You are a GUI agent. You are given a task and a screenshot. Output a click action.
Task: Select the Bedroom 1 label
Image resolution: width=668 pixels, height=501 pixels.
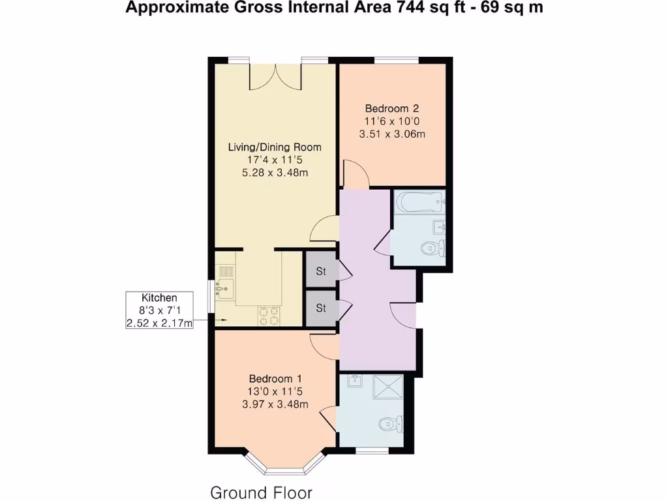(275, 378)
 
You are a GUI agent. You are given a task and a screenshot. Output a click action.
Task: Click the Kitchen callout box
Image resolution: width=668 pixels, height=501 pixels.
(160, 310)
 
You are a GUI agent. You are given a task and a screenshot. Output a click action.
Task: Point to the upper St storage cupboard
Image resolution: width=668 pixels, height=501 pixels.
(321, 271)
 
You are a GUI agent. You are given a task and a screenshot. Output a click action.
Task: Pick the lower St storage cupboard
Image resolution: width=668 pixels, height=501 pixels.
(321, 308)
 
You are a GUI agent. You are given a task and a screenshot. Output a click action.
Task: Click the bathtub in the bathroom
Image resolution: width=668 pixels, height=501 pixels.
(419, 203)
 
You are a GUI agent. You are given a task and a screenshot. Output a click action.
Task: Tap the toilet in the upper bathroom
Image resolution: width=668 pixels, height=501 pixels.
(432, 248)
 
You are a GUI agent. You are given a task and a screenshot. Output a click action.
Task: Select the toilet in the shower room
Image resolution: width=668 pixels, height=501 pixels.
(391, 425)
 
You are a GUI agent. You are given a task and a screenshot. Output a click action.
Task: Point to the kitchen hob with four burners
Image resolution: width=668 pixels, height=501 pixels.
(269, 315)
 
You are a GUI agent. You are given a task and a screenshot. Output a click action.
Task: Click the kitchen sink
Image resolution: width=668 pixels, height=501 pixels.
(225, 286)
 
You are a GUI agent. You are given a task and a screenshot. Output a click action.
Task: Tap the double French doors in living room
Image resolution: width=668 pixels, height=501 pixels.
(276, 75)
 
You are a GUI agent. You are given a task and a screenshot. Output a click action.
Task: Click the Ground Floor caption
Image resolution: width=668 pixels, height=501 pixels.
(261, 492)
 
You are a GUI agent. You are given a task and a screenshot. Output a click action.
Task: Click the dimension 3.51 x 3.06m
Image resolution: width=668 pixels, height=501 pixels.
(392, 134)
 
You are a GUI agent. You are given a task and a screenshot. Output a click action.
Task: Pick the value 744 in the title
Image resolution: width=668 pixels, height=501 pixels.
(408, 8)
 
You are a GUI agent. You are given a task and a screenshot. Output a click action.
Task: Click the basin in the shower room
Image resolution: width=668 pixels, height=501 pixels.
(355, 381)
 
